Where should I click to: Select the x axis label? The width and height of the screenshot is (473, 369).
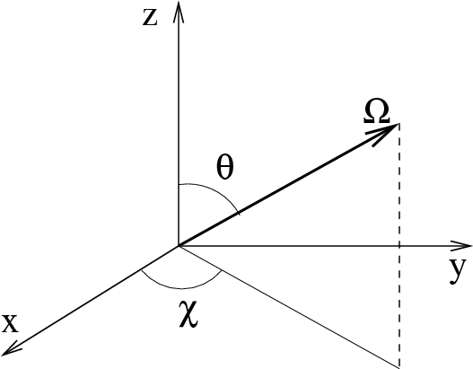click(x=10, y=324)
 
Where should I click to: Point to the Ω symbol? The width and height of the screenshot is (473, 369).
click(x=376, y=111)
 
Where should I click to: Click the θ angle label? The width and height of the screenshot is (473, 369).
click(x=225, y=168)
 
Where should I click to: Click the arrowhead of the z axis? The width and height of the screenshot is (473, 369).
click(x=179, y=12)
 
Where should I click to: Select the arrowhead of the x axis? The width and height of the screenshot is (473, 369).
click(x=11, y=348)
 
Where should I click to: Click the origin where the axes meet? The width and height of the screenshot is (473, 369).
click(x=179, y=246)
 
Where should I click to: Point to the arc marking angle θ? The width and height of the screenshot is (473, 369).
click(x=218, y=192)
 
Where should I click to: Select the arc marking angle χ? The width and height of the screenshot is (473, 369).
click(x=181, y=289)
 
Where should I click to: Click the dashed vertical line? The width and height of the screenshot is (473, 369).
click(x=399, y=246)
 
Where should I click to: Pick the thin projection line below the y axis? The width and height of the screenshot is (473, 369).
click(x=289, y=307)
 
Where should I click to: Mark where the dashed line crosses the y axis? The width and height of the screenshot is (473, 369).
click(x=399, y=246)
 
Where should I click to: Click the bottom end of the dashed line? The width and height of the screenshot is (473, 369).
click(x=399, y=367)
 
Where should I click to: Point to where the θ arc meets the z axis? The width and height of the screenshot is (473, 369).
click(x=179, y=184)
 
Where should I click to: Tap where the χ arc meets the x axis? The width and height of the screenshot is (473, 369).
click(x=142, y=269)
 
